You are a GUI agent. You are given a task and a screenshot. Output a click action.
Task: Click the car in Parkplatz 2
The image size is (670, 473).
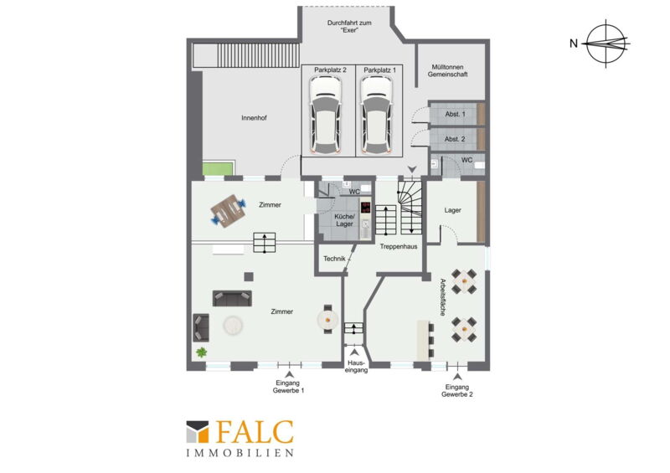click(326, 115)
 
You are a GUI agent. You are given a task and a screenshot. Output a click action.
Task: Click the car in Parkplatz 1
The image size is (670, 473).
click(376, 115)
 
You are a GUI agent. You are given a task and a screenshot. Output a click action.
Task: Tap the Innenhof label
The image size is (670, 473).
click(254, 118)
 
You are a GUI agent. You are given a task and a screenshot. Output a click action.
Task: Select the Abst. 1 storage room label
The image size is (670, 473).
click(455, 114)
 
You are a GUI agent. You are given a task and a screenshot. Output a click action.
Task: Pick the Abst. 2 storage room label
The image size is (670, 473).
click(455, 139)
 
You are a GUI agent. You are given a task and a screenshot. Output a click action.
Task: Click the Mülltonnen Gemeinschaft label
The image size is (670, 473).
click(448, 70)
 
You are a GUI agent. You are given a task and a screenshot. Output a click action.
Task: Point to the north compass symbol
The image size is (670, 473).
click(606, 44)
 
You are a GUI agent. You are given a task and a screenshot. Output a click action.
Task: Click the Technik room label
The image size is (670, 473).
click(334, 259)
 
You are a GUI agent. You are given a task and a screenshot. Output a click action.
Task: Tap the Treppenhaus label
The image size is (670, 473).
click(399, 246)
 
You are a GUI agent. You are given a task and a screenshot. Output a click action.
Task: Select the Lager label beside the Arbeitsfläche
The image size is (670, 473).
click(452, 210)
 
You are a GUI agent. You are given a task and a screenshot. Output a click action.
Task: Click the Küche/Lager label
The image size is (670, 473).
click(344, 220)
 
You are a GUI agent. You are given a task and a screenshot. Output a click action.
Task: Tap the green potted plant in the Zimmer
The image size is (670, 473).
click(201, 352)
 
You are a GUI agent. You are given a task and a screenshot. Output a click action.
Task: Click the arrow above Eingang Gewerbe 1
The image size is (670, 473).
click(289, 374)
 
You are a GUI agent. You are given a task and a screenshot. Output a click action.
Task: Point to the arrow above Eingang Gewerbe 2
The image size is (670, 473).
click(457, 377)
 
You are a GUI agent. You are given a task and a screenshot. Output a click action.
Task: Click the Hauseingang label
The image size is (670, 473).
click(356, 366)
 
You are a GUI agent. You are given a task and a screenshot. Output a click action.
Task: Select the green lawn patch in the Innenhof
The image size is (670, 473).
click(219, 168)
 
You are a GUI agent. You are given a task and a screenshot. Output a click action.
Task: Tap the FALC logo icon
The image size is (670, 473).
click(198, 431)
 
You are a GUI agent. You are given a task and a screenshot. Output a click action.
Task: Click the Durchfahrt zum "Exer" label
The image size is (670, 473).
click(349, 27)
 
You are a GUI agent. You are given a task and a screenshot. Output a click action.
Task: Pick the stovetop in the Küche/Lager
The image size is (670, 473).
click(366, 208)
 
